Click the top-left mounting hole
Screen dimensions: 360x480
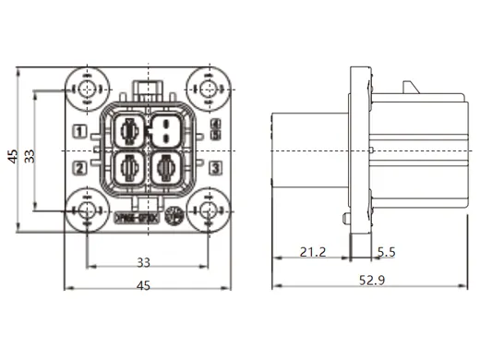[87, 89]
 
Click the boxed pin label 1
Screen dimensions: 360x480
[81, 131]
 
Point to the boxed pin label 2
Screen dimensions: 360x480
[81, 168]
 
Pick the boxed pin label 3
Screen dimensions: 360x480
[214, 168]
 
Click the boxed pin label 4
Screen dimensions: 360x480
[214, 123]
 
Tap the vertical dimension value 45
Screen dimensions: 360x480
[12, 157]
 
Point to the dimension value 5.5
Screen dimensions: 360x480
[385, 251]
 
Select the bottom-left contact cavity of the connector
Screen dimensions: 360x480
[129, 169]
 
